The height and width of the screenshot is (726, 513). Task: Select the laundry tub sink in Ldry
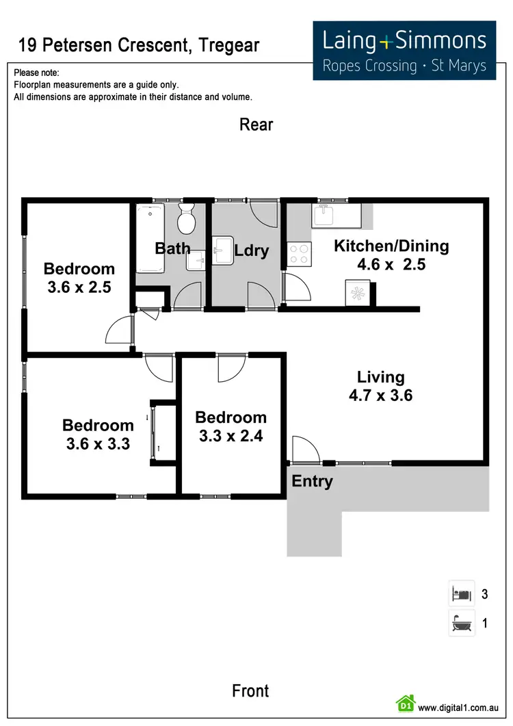pos(224,250)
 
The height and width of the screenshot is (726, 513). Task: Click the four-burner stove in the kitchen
pos(299,255)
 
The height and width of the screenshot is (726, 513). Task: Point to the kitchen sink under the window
pos(330,216)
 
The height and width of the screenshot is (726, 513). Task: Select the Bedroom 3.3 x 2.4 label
pos(231,426)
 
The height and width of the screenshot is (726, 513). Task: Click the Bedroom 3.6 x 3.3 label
pos(98,435)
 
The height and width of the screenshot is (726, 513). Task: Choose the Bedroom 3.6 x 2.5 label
pos(79,278)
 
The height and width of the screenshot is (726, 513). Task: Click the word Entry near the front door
pos(312,481)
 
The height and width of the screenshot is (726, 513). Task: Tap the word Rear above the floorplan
pos(256,125)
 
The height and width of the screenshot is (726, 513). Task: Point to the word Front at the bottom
pos(250,690)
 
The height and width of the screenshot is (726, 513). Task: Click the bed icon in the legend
pos(461,593)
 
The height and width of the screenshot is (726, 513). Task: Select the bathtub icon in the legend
pos(461,623)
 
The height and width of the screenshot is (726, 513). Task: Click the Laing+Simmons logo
pos(404,50)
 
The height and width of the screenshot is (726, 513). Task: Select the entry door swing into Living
pos(304,450)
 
